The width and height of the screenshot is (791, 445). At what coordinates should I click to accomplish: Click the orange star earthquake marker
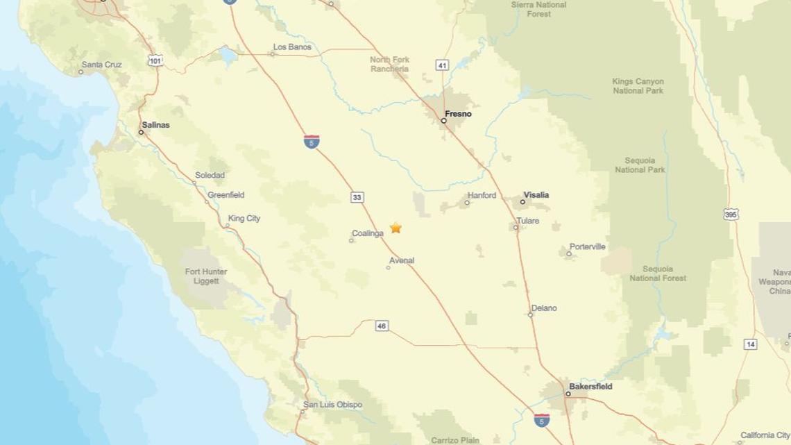(x=395, y=228)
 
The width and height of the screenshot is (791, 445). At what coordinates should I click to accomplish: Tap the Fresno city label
(x=458, y=114)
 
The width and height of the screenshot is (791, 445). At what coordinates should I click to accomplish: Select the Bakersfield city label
(x=590, y=387)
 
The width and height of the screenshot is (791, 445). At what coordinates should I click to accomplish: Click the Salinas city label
(x=155, y=125)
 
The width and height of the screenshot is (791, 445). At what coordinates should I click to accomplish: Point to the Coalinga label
(x=368, y=234)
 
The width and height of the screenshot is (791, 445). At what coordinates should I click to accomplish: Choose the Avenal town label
(x=402, y=261)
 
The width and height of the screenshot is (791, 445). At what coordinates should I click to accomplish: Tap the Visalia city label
(x=536, y=195)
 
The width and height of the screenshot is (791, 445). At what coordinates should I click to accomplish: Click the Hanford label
(x=482, y=196)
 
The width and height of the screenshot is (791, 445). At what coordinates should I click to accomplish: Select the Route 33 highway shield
(x=357, y=198)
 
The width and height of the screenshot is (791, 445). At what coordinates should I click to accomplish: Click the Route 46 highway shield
(x=382, y=326)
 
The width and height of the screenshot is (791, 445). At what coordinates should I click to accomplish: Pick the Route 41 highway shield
(x=442, y=65)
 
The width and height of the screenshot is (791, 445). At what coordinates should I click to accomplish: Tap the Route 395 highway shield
(x=731, y=214)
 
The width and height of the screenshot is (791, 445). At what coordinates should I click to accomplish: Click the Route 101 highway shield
(x=155, y=61)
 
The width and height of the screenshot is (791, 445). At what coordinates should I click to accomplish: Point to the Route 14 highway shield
(x=750, y=344)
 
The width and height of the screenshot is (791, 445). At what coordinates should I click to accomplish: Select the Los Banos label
(x=292, y=47)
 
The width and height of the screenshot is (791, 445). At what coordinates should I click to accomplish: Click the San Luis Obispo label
(x=332, y=405)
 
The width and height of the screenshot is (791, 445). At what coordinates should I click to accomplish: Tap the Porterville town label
(x=587, y=247)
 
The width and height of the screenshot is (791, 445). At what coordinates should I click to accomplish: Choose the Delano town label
(x=544, y=308)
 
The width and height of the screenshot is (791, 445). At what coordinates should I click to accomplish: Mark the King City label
(x=244, y=219)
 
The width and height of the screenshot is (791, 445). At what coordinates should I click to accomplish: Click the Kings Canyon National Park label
(x=638, y=86)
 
